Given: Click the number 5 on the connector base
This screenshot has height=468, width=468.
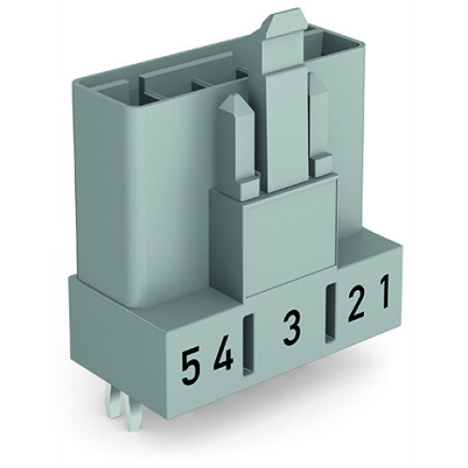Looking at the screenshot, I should click(x=191, y=361).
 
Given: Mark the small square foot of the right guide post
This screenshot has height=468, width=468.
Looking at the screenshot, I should click(x=323, y=166).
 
